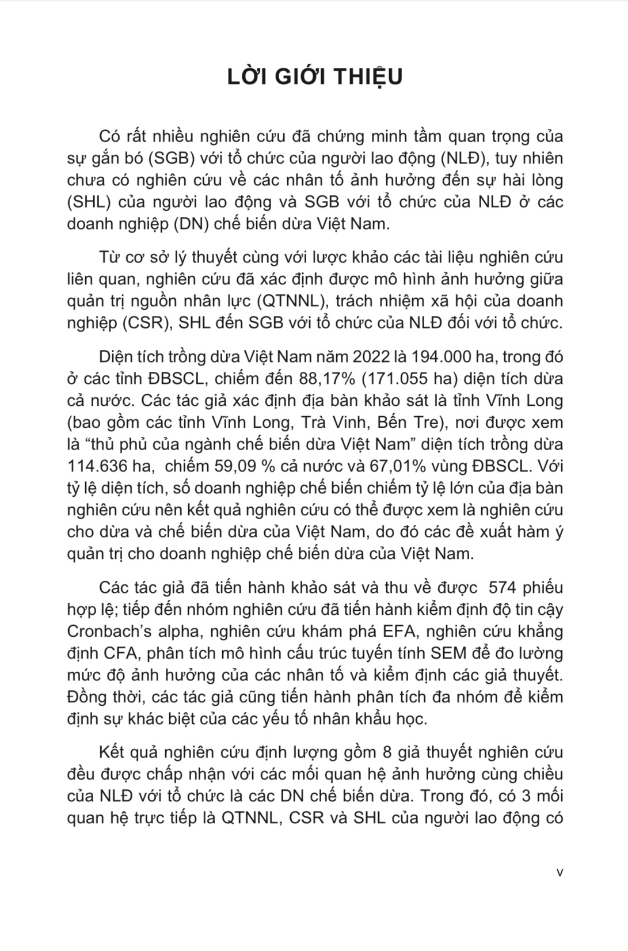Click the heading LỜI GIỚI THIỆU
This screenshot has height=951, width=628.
click(x=314, y=77)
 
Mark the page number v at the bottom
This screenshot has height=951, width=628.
click(x=560, y=872)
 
